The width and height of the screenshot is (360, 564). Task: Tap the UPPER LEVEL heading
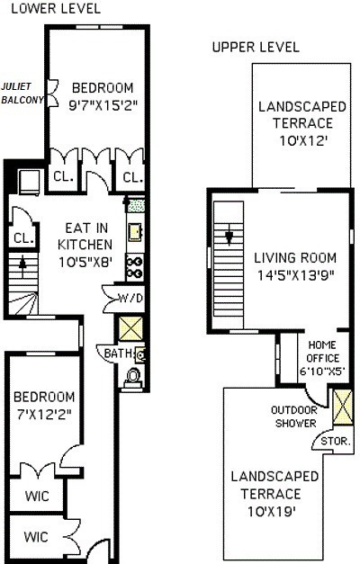point(256,47)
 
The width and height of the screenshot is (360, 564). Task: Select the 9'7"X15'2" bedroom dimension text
point(102,104)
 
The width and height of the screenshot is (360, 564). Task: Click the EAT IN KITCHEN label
point(85,237)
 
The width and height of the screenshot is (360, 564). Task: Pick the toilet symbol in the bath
point(134,376)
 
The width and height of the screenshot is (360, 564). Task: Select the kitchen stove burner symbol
point(136,265)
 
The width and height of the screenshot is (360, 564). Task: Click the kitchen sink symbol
point(135,233)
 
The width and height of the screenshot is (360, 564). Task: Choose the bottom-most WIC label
point(35,537)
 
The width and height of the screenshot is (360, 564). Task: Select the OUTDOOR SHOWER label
point(293,416)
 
